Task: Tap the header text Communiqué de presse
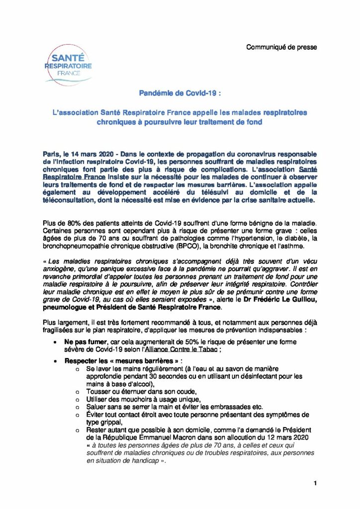(x=281, y=47)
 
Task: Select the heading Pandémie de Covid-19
(x=180, y=93)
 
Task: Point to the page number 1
(x=315, y=483)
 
